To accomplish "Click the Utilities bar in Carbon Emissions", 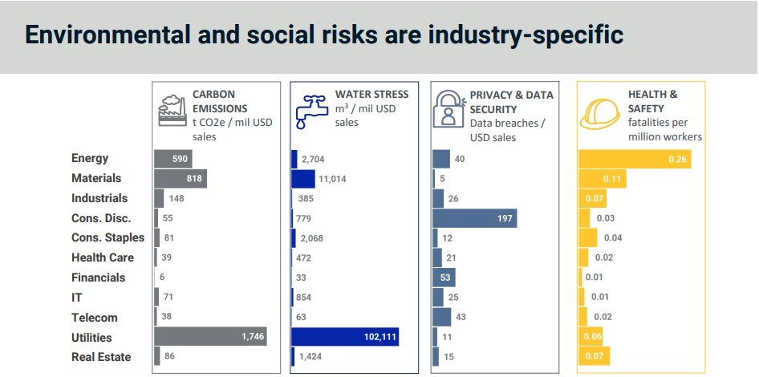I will (x=209, y=337).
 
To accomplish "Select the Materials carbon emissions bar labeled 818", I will (x=180, y=178).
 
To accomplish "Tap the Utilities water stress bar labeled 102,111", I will (x=344, y=337).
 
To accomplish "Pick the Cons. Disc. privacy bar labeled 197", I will (x=474, y=218).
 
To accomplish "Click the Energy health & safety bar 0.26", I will (x=634, y=159).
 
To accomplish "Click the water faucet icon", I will (x=310, y=110).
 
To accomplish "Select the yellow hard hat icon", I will (x=600, y=111).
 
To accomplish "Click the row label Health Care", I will (x=102, y=257).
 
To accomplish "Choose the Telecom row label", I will (x=94, y=318).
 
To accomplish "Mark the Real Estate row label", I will (x=100, y=357).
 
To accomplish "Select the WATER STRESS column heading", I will (x=371, y=94).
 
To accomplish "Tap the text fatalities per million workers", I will (x=665, y=130).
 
